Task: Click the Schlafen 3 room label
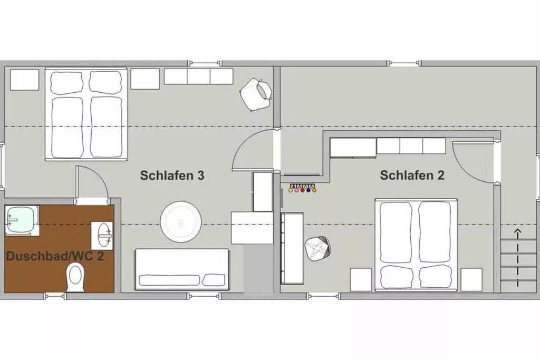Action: [172, 175]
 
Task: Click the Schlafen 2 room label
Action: [412, 175]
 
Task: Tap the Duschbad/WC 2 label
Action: [55, 256]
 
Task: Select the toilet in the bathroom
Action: [75, 277]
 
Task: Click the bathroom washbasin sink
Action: [102, 236]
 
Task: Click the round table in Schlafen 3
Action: [180, 222]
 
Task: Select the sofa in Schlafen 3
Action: [182, 269]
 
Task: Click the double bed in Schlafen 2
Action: [416, 245]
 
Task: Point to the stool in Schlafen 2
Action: [318, 248]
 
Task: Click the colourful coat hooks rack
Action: [302, 189]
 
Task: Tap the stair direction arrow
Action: [518, 258]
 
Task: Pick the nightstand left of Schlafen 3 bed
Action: [24, 80]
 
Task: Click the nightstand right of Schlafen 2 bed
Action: [471, 279]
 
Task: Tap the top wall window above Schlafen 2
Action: [404, 63]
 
